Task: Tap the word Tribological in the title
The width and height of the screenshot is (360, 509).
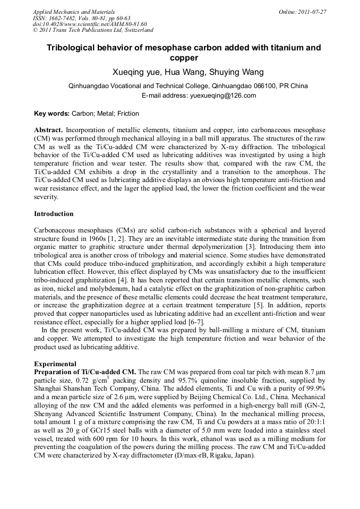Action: pos(72,48)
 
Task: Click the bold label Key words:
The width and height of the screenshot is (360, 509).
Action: pos(52,114)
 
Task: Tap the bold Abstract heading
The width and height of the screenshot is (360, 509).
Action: pos(48,130)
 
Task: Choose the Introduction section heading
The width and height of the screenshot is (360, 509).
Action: pos(54,214)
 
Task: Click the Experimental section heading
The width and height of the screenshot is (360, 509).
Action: pos(55,364)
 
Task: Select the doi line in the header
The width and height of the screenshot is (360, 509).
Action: pos(90,24)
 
